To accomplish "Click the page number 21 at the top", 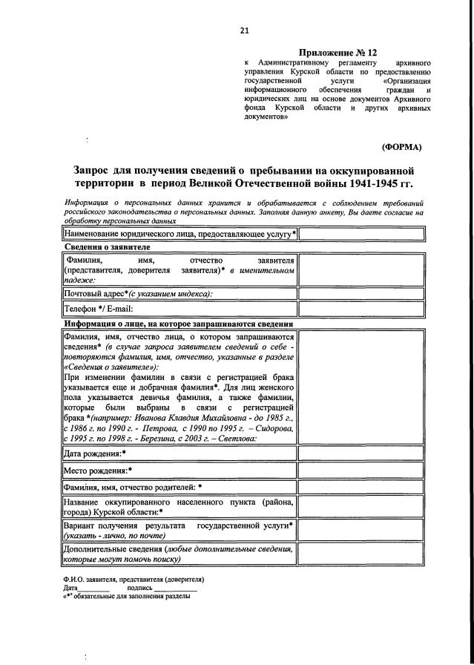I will click(244, 30).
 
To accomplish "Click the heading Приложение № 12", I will click(338, 53).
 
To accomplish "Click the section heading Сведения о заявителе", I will click(108, 246).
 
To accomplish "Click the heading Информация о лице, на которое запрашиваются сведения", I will click(179, 324).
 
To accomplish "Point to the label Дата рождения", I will click(95, 453).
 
